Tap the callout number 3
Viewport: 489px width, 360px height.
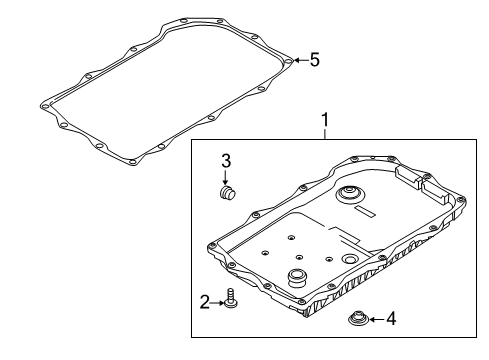click(x=226, y=160)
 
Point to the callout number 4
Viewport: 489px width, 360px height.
click(x=391, y=320)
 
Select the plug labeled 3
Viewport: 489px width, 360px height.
click(x=226, y=192)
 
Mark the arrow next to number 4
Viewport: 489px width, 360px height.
click(x=376, y=320)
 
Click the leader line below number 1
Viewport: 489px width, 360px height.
click(x=323, y=134)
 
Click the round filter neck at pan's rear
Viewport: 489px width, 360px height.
click(x=350, y=194)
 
